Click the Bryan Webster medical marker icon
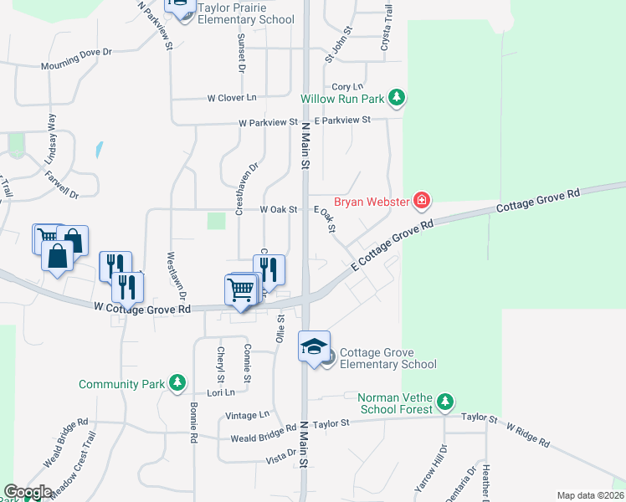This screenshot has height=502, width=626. coord(422,201)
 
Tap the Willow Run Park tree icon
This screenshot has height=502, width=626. coord(397,99)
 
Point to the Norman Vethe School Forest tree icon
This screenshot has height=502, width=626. coord(446,402)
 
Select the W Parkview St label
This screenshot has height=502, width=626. coord(268,123)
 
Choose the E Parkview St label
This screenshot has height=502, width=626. coord(342,120)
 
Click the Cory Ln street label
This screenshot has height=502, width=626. coord(347,87)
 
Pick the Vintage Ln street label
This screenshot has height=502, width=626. coord(248,415)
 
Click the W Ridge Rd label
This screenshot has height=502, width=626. coord(527,434)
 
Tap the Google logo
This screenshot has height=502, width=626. coord(28,492)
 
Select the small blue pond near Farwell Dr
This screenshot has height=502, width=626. coord(100,151)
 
